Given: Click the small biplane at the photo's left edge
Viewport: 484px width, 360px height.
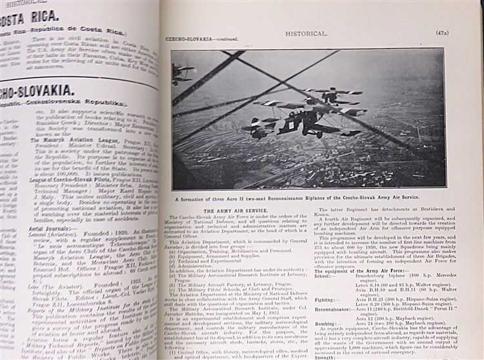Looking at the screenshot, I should point(180,72).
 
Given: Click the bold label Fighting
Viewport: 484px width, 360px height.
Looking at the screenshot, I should point(327,300).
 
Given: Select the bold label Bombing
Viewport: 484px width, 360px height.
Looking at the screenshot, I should point(327,323).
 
